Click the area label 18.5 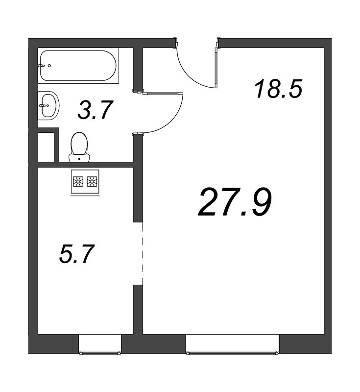click(x=278, y=90)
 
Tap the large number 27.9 click(x=235, y=202)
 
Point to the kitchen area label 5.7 click(x=76, y=254)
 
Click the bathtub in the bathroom click(x=78, y=66)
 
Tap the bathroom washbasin click(x=49, y=105)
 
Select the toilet click(x=79, y=145)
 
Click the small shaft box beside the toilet click(x=48, y=145)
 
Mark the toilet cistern click(x=79, y=157)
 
